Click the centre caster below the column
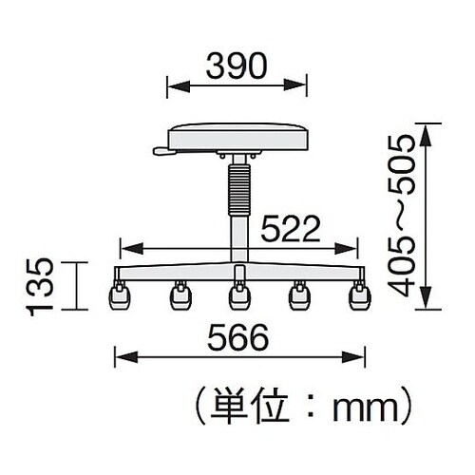point(237,297)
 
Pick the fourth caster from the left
point(299,297)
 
